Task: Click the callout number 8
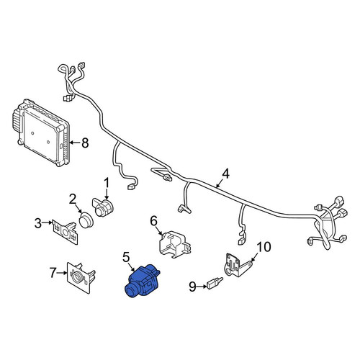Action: [85, 143]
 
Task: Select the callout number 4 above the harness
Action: [225, 174]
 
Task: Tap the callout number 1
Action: [107, 183]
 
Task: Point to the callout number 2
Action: [73, 199]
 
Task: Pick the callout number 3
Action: [38, 223]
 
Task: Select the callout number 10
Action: [264, 247]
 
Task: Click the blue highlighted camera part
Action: [142, 281]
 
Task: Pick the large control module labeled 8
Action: [40, 132]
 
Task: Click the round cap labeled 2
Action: [85, 220]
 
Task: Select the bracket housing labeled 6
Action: [175, 244]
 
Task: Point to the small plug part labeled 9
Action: [215, 284]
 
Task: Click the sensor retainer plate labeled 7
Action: [81, 277]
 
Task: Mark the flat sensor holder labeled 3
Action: [66, 232]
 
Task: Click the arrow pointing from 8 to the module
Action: [74, 143]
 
